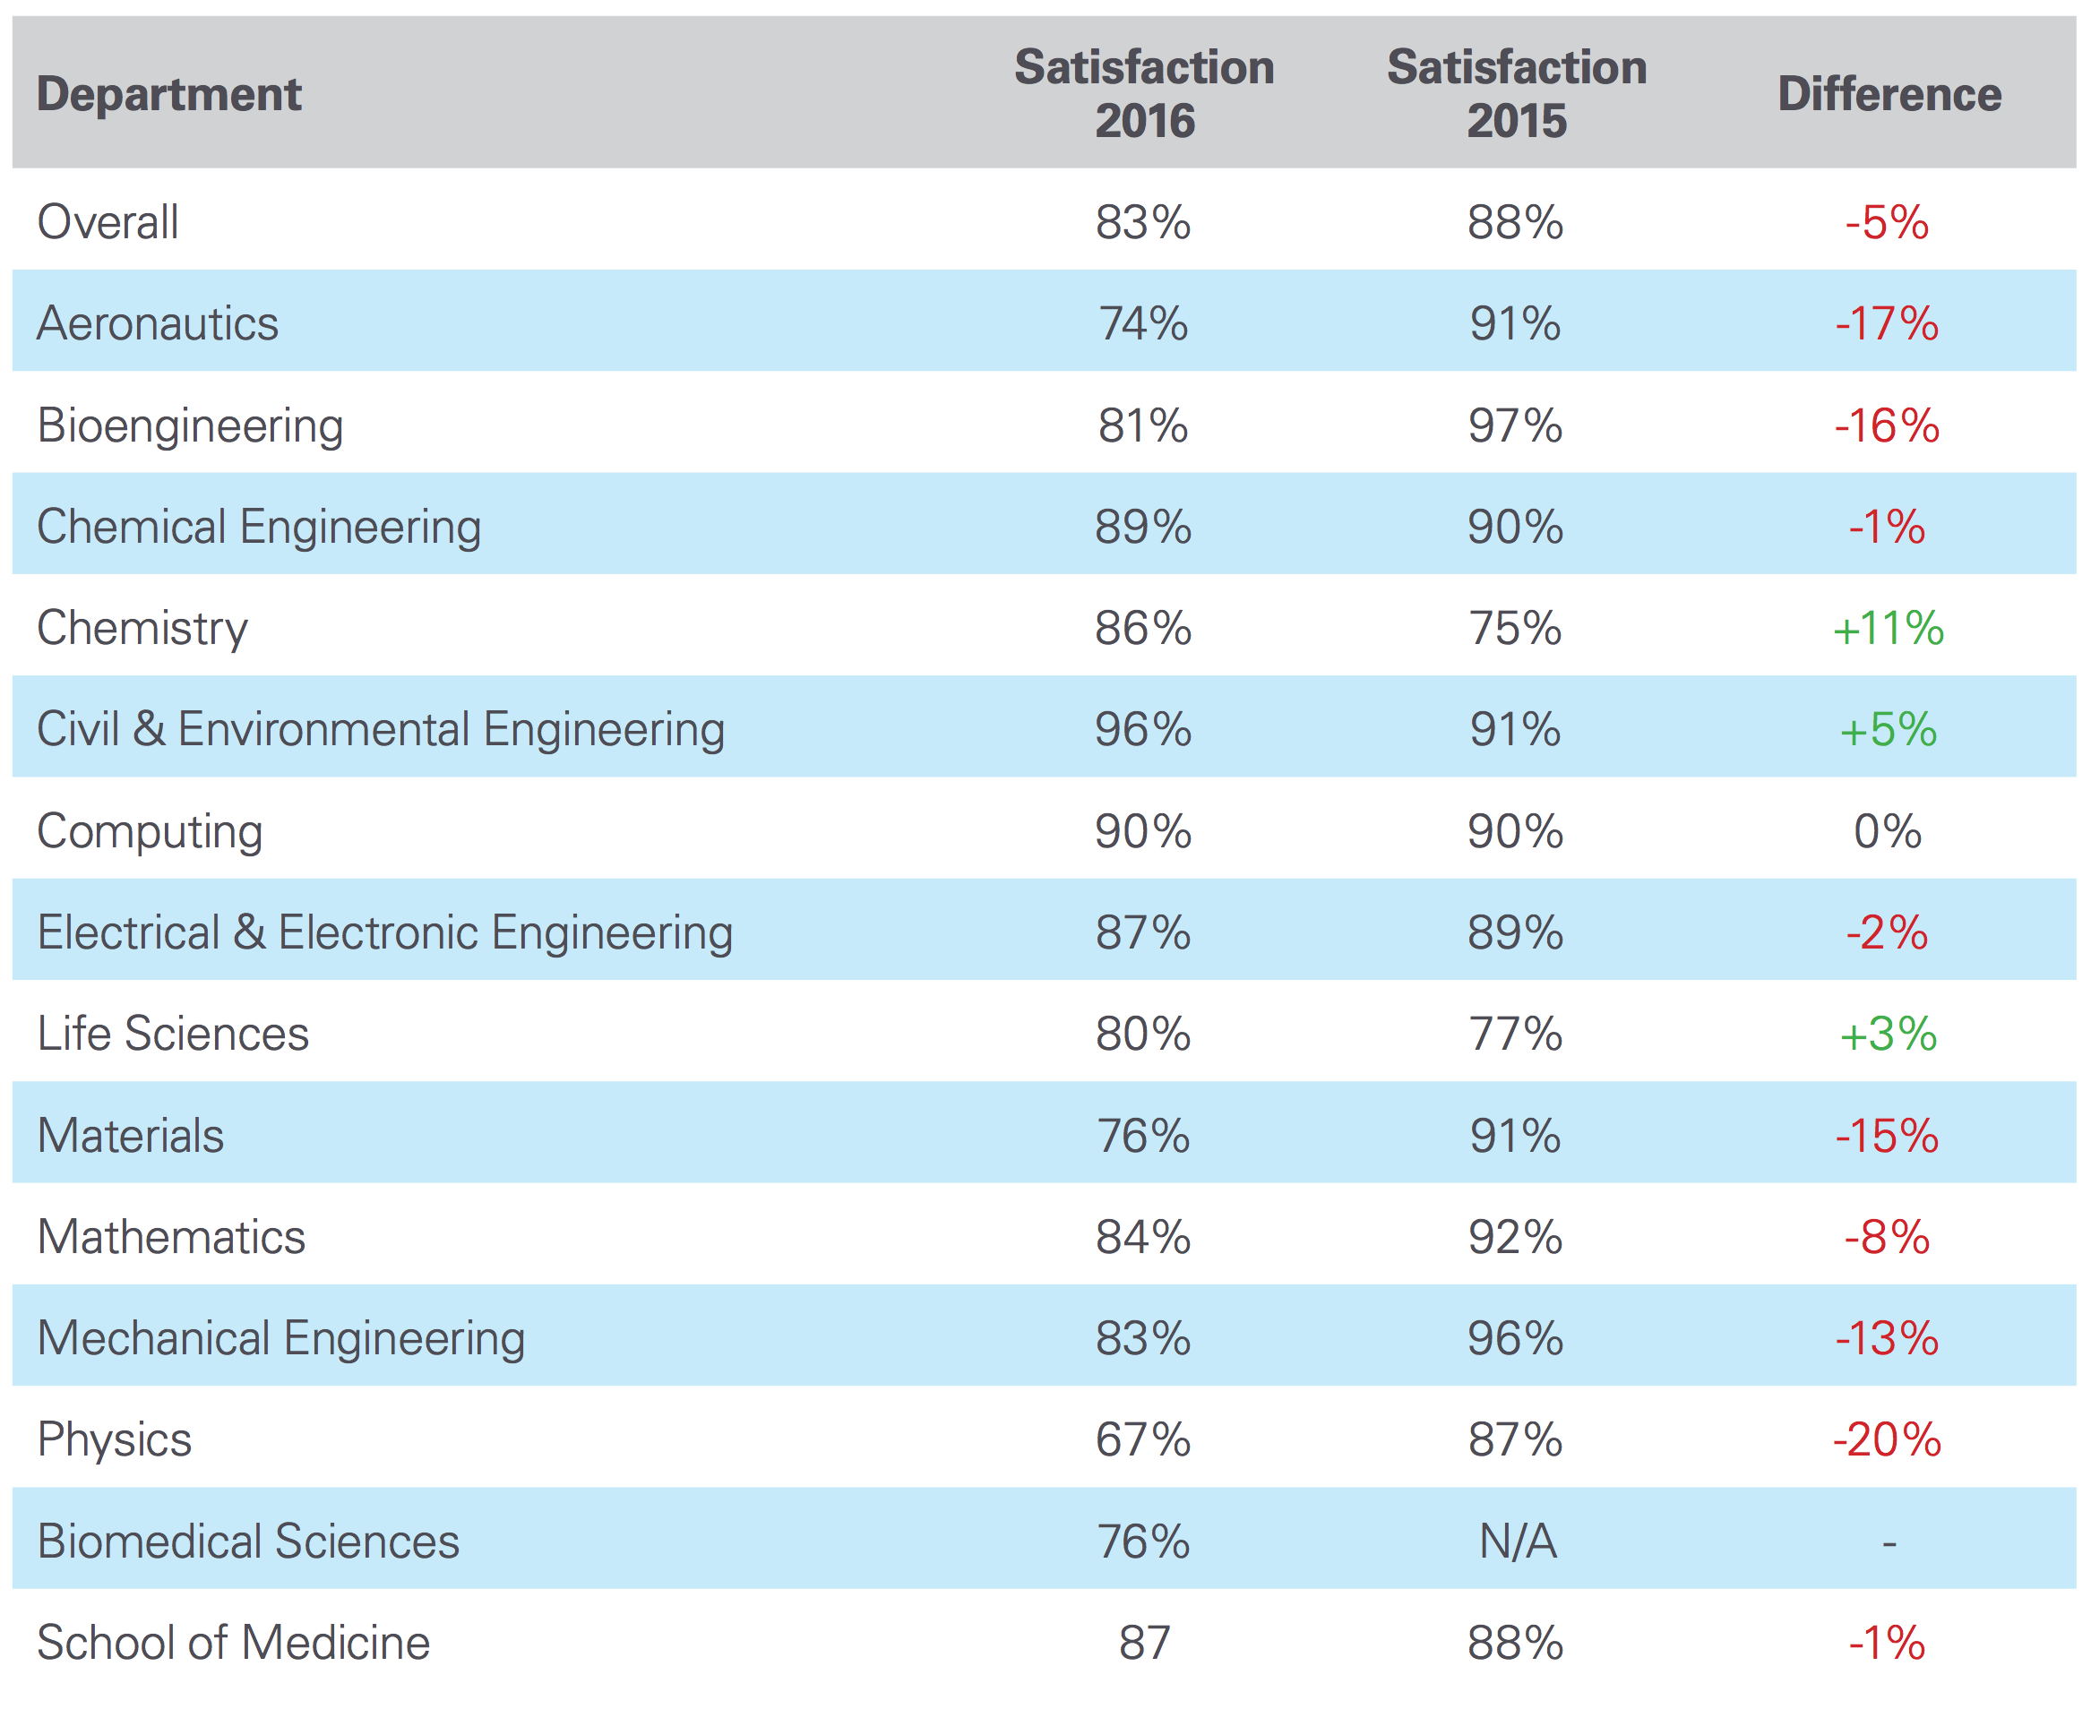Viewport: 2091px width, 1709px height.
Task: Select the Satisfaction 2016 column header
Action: [x=1144, y=93]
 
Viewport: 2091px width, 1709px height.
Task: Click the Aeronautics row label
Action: [x=158, y=322]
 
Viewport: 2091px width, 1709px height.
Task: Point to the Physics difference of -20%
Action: [x=1886, y=1439]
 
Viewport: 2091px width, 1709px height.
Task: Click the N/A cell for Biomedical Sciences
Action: [x=1517, y=1541]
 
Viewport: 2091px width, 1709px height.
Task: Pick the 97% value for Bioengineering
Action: [x=1515, y=425]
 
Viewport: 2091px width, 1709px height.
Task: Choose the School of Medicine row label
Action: [x=233, y=1642]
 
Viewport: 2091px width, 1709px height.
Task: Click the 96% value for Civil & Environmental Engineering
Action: [x=1143, y=729]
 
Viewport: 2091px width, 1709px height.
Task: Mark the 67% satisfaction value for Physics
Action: [x=1143, y=1439]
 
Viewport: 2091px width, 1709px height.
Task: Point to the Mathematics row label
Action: [x=171, y=1236]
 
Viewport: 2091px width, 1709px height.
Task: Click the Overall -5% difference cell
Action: [x=1886, y=221]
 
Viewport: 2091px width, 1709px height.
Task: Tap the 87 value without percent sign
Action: [x=1144, y=1642]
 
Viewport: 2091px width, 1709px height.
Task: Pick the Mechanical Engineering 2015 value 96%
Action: [x=1515, y=1338]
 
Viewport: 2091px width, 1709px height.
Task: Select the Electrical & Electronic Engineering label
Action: [x=385, y=932]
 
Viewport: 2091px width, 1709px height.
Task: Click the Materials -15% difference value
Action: [x=1886, y=1135]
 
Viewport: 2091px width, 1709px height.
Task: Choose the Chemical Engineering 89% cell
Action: [x=1143, y=527]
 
